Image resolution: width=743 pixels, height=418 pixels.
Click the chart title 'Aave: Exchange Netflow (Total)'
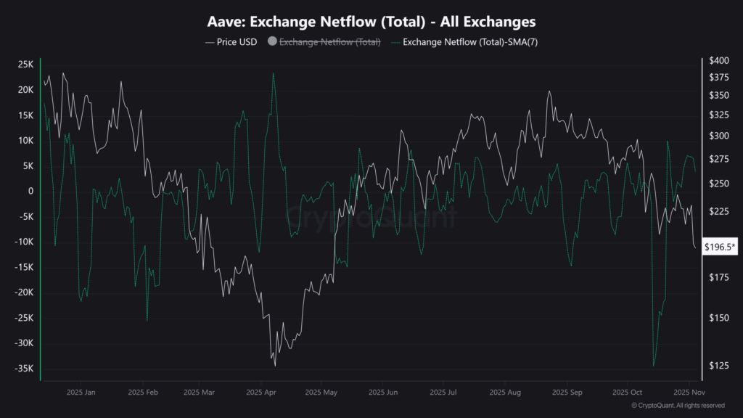tap(371, 22)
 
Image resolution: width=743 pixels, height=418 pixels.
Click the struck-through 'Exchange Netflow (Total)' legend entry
tap(329, 42)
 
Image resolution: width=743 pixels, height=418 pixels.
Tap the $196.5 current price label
tap(721, 248)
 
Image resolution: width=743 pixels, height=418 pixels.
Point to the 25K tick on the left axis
tap(25, 65)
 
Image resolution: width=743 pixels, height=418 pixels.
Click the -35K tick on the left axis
tap(23, 369)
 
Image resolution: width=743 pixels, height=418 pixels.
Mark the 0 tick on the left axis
tap(30, 191)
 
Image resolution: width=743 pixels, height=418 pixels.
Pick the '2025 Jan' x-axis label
tap(81, 393)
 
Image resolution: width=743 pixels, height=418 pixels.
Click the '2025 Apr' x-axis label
tap(261, 393)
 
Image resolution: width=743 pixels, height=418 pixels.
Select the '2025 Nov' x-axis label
tap(686, 393)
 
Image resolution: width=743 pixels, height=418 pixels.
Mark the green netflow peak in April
tap(273, 73)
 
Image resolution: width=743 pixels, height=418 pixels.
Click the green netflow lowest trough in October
tap(654, 366)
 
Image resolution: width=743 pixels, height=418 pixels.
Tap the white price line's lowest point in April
tap(275, 366)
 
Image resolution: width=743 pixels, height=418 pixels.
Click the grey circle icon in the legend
tap(272, 42)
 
